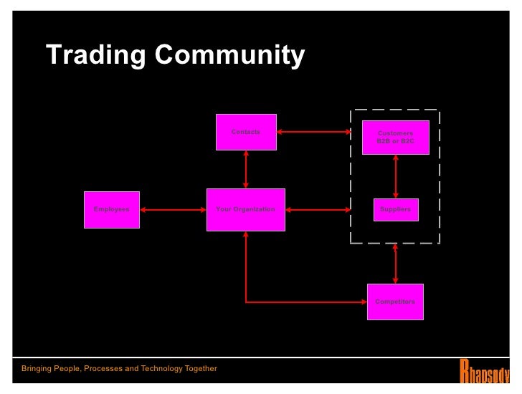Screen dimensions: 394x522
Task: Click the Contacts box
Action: [246, 132]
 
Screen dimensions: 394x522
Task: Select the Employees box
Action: [111, 209]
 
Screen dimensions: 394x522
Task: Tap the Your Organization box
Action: [245, 209]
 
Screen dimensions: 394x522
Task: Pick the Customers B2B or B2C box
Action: [395, 138]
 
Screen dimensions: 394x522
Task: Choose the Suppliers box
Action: [395, 209]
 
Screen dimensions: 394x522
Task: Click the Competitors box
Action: [395, 302]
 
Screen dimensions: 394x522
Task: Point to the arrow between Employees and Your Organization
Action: [173, 210]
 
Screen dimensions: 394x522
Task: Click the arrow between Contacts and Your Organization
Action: [246, 169]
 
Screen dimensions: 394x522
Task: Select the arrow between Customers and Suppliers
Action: [395, 176]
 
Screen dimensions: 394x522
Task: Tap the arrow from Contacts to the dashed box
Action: [313, 132]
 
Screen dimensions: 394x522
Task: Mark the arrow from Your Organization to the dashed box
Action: [318, 210]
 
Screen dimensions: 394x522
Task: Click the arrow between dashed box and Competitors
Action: [395, 264]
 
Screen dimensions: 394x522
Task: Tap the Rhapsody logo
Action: [484, 370]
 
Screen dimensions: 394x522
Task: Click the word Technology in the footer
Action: [149, 369]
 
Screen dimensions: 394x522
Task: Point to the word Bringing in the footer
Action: [39, 369]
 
